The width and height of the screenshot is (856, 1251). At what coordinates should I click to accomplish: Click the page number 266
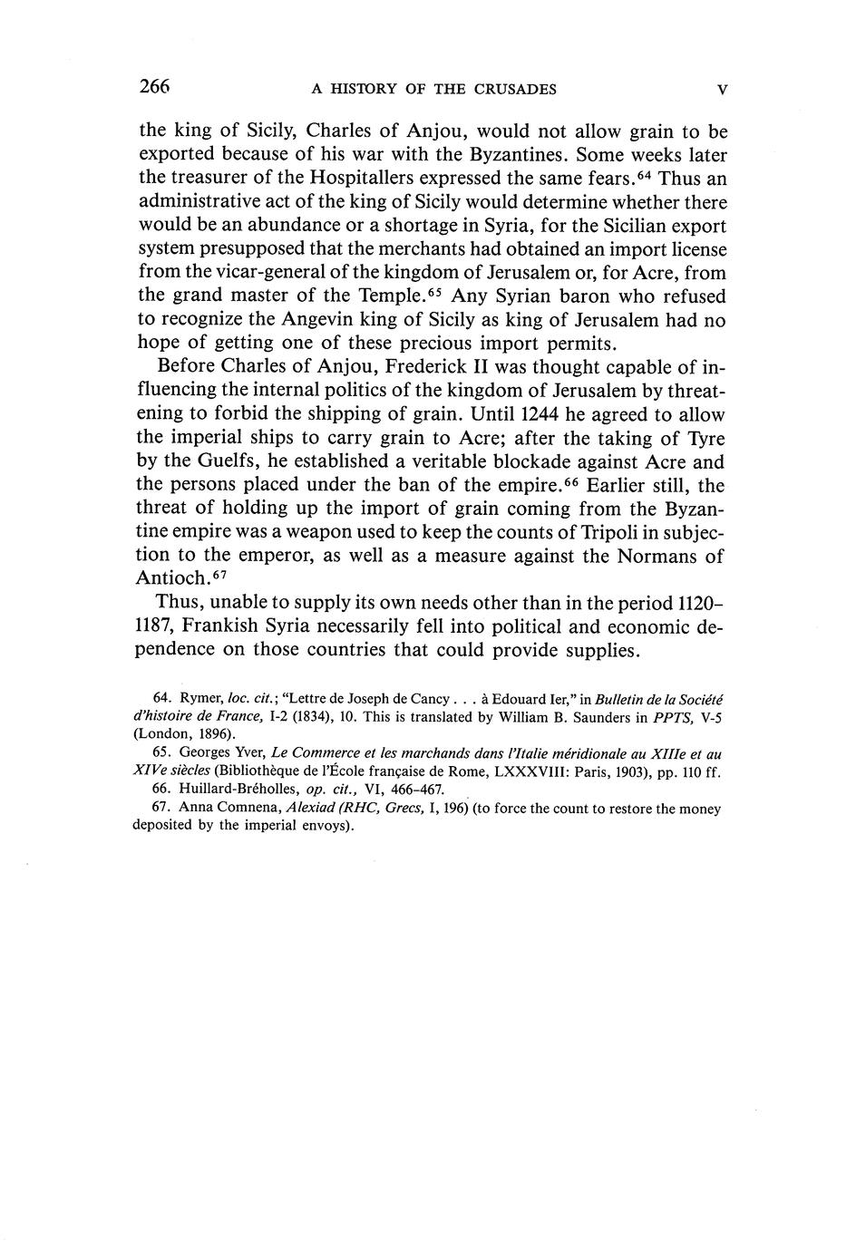coord(154,87)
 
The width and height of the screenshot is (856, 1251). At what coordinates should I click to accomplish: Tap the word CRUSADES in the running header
coord(512,89)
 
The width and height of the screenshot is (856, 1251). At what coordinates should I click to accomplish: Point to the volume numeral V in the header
coord(722,89)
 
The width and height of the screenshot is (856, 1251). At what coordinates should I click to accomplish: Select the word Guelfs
coord(227,461)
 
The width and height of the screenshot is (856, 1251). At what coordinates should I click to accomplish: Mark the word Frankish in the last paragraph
coord(221,626)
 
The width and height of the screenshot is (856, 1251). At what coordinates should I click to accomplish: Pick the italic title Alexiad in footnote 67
coord(311,808)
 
